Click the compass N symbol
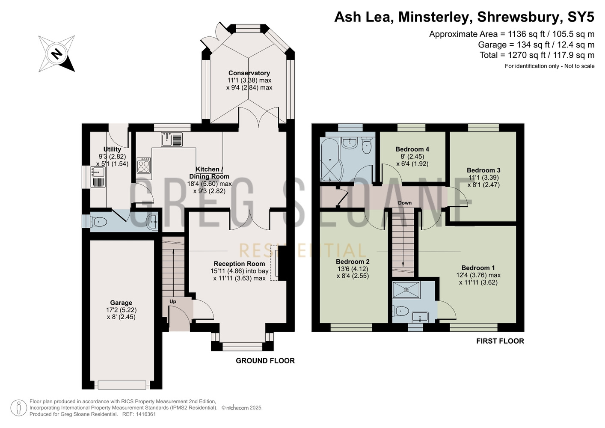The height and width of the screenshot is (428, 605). pos(56,54)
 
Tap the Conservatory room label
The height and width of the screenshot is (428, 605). pos(249,73)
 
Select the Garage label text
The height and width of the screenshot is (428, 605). pos(121,303)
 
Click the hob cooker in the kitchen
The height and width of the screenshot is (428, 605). pos(144,165)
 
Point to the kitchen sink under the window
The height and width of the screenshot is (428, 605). pos(172,139)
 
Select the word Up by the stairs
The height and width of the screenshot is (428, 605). pos(173,301)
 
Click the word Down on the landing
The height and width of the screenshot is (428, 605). pos(405,202)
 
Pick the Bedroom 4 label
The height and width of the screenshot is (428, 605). pos(412,149)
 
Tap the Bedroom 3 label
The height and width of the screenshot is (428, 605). pos(483,170)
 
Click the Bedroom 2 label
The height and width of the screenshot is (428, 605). pos(353,262)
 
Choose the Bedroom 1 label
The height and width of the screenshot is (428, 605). pos(478,268)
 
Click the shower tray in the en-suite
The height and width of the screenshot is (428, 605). pos(406,290)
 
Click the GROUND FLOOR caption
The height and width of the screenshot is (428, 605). pos(265,361)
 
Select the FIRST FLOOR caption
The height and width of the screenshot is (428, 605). pos(500,341)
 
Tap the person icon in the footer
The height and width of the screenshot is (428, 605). pos(19,408)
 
